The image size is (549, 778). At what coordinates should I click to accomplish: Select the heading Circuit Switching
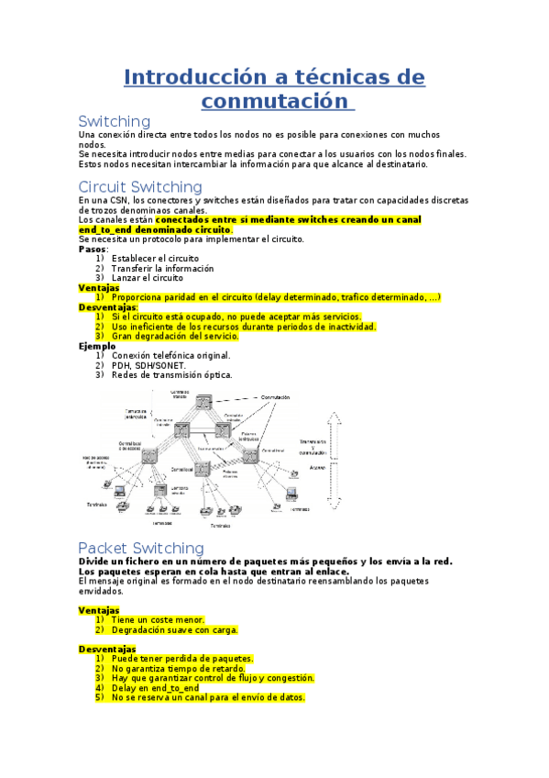coord(140,187)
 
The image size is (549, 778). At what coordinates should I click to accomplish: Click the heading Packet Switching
coord(140,548)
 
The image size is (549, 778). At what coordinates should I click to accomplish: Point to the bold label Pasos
coord(93,249)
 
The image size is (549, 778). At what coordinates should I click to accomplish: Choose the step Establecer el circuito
coord(155,259)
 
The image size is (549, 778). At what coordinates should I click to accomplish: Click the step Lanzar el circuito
coord(147,278)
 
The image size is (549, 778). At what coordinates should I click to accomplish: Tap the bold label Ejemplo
coord(97,346)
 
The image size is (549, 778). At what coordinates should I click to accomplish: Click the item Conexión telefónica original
coord(170,355)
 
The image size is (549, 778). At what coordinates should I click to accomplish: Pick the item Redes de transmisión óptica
coord(171,374)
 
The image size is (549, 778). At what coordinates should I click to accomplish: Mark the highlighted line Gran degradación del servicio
coord(175,336)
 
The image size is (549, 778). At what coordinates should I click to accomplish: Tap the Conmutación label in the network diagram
coord(275,397)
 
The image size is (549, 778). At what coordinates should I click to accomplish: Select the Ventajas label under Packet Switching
coord(99,610)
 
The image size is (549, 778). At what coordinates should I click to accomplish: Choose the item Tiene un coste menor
coord(158,620)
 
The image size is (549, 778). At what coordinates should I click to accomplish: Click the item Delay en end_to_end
coord(155,687)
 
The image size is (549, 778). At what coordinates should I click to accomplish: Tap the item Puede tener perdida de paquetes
coord(182,659)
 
